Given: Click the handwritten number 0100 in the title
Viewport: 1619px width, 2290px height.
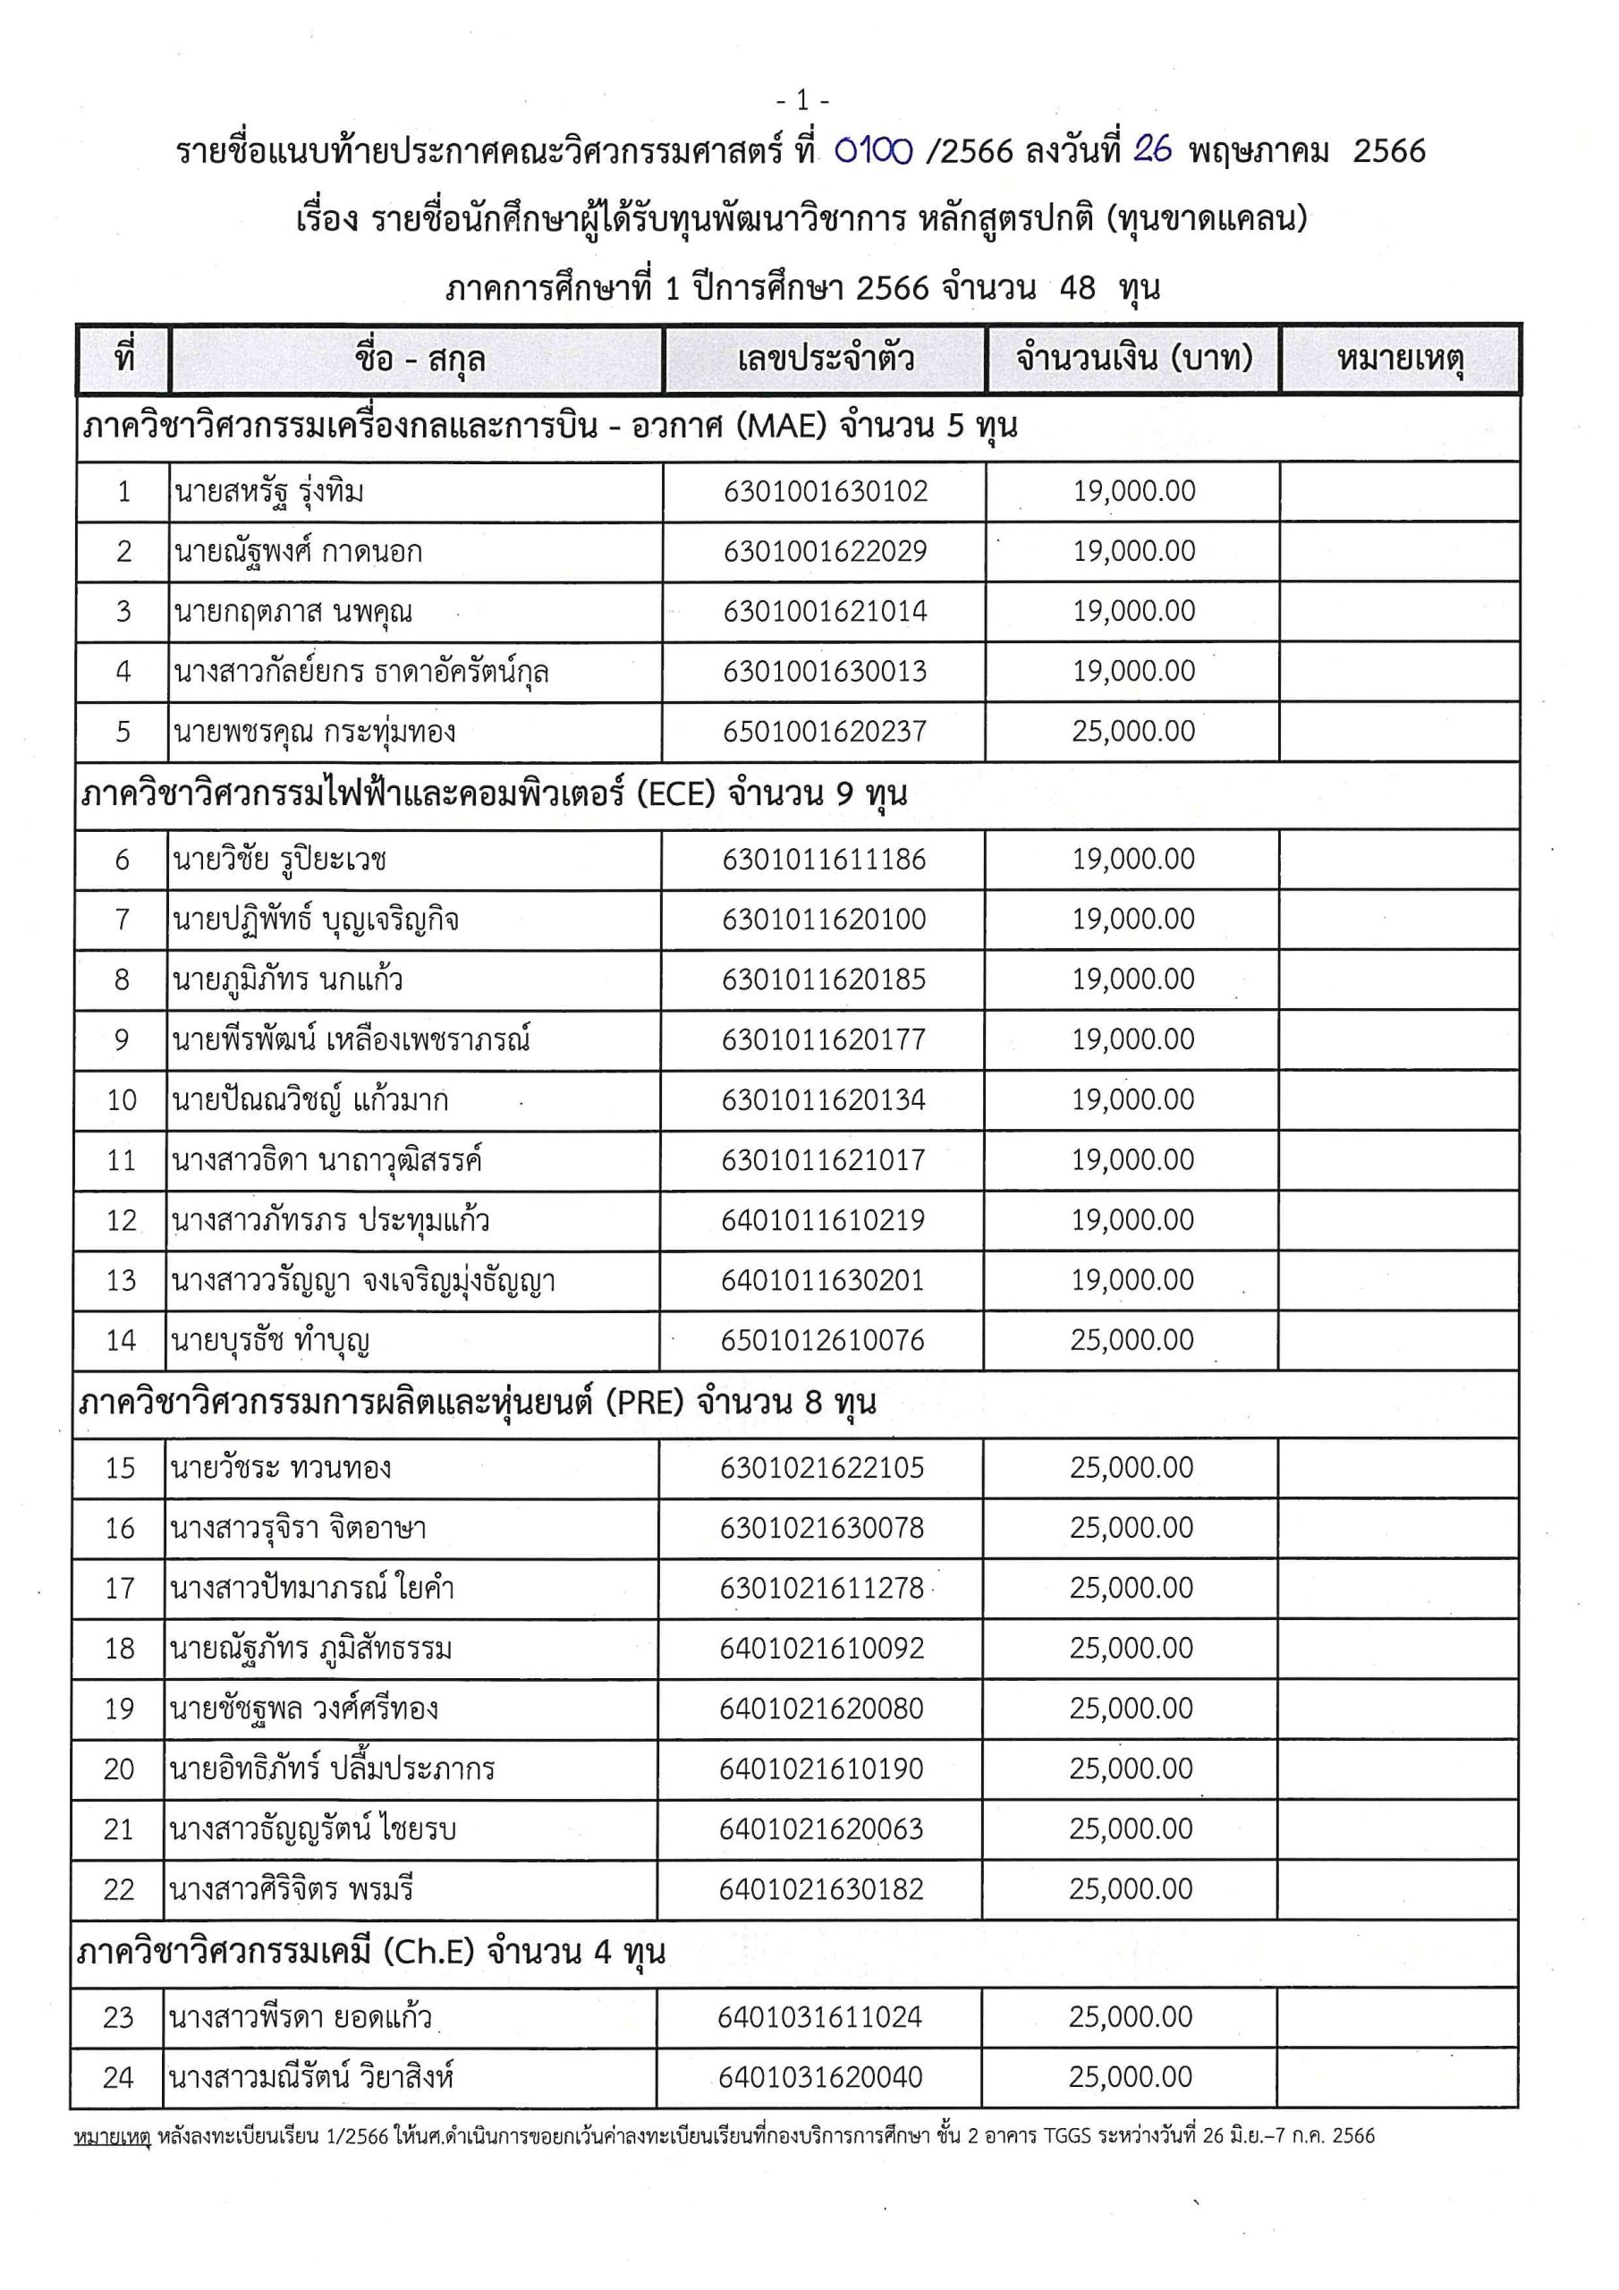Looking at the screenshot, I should pos(873,150).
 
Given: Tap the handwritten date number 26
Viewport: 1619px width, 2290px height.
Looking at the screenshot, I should pos(1152,149).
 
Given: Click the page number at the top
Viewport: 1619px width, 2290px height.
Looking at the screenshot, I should pos(802,101).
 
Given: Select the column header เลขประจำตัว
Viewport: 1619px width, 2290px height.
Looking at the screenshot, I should pos(825,359).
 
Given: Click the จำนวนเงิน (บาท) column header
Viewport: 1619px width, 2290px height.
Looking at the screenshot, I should pos(1133,359).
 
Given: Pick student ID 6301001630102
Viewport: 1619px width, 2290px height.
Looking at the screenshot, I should pos(825,492).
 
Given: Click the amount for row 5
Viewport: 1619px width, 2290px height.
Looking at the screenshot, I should pos(1133,731).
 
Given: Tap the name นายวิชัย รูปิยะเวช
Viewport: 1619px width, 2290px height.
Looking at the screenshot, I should pos(279,860).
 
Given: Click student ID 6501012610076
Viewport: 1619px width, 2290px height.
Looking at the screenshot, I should pos(823,1341).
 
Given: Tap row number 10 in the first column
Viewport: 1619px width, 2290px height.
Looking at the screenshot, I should pos(122,1100).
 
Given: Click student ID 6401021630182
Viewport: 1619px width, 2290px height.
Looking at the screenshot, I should pos(821,1889).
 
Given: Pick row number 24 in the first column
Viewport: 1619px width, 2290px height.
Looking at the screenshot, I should pos(118,2078).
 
